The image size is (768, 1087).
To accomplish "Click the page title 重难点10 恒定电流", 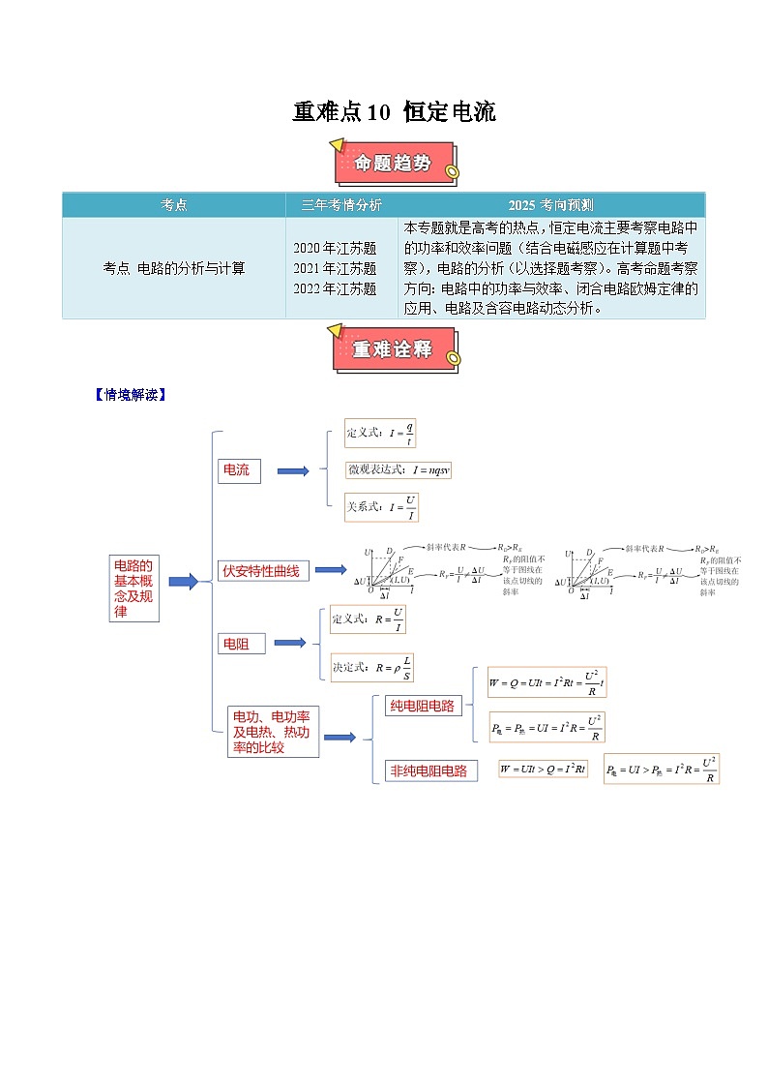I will [x=394, y=112].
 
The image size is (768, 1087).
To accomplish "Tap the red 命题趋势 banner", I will [x=395, y=164].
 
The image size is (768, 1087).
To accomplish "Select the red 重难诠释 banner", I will [x=395, y=349].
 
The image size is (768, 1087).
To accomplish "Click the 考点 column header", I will [x=174, y=205].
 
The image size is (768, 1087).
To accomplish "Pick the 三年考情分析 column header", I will [x=341, y=205].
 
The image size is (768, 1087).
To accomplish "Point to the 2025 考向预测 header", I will [x=551, y=205].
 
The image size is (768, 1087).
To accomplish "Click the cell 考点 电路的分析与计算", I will [x=174, y=268].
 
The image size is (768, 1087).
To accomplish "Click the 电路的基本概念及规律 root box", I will [x=133, y=589].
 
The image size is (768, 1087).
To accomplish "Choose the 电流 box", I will [x=238, y=470].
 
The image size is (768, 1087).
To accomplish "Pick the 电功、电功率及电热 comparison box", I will [x=272, y=732].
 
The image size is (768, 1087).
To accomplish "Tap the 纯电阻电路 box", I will [x=422, y=706].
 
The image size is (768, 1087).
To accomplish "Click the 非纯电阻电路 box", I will [x=428, y=770].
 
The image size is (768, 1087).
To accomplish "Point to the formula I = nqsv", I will [x=399, y=470].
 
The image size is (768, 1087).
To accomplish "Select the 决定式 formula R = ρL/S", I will [x=374, y=666].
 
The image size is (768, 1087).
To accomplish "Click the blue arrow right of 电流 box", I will [x=292, y=471].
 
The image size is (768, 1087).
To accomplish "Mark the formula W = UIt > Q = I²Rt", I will [x=543, y=769].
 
